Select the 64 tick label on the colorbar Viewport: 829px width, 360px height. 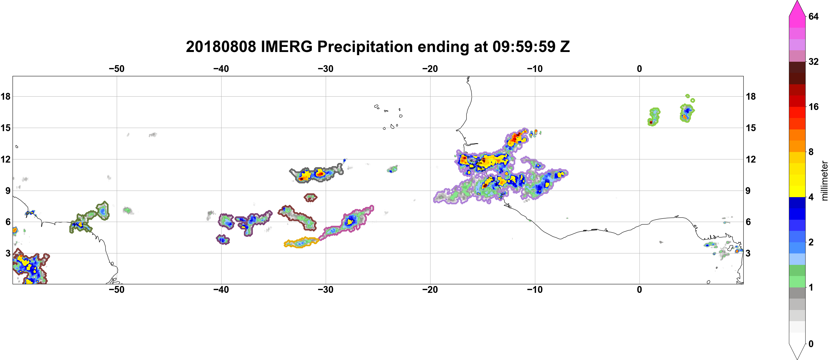[x=814, y=16]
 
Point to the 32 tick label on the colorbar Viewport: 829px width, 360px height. [x=814, y=61]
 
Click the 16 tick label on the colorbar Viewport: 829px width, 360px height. [x=814, y=107]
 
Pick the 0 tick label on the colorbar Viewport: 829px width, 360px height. [x=811, y=344]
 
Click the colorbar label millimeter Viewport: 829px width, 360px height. [x=824, y=181]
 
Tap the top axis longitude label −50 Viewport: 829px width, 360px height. [x=116, y=69]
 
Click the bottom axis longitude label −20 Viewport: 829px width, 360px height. [x=430, y=290]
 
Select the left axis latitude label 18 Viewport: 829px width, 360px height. [x=5, y=96]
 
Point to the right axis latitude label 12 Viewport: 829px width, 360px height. [x=751, y=159]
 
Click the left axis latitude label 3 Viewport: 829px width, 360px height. [x=8, y=253]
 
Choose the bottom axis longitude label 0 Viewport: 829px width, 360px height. [x=639, y=290]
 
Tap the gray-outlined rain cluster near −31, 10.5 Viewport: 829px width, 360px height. [x=316, y=175]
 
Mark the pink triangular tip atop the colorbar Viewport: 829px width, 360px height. [x=797, y=8]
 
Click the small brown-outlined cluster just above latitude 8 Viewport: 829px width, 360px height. [x=311, y=197]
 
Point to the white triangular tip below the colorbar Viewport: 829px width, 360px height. [x=797, y=351]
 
